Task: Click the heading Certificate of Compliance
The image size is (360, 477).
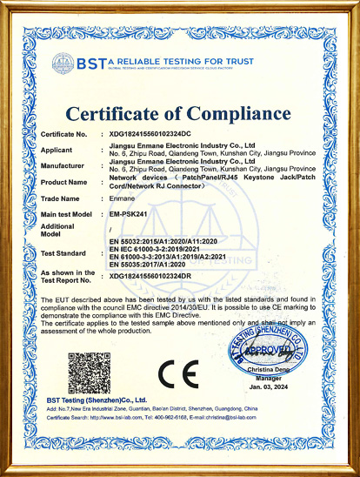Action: (x=179, y=114)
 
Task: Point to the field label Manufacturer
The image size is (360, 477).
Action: (x=63, y=165)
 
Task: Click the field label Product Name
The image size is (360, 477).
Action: (x=64, y=182)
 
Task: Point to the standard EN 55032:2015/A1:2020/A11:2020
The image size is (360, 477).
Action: (x=162, y=239)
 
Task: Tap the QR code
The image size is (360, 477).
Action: (x=90, y=373)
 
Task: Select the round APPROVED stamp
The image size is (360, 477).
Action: (x=269, y=353)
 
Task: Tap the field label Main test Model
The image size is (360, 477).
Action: (x=69, y=213)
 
